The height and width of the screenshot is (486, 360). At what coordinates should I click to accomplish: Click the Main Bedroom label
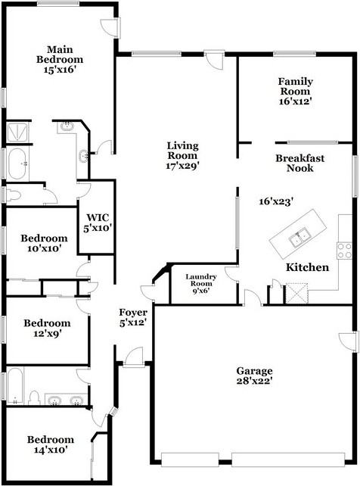pos(60,55)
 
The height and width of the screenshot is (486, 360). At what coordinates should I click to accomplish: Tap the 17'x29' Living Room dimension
pos(182,166)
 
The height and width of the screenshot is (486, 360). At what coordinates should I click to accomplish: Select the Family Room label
pos(295,86)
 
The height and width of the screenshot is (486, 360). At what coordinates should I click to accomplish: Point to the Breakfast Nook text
pos(300,163)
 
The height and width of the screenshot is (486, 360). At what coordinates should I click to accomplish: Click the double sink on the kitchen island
pos(299,238)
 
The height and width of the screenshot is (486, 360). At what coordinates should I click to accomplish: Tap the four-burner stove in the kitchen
pos(345,251)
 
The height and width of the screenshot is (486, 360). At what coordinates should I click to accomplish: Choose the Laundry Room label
pos(201,280)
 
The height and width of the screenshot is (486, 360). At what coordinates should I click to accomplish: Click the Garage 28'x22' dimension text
pos(254,381)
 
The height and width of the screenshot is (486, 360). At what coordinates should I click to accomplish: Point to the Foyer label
pos(133,312)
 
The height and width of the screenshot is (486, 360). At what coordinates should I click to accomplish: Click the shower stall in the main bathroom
pos(17,132)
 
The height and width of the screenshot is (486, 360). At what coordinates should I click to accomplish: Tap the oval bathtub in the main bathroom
pos(17,164)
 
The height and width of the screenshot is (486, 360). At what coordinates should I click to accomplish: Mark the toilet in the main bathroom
pos(13,195)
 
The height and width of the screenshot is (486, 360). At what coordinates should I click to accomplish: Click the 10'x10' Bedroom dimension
pos(44,248)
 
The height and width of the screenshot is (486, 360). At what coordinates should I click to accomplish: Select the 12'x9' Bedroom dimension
pos(48,334)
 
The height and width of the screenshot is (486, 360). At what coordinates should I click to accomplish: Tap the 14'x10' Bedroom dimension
pos(51,450)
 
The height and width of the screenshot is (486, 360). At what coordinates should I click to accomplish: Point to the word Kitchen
pos(307,267)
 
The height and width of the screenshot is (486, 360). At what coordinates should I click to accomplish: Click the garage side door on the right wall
pos(349,342)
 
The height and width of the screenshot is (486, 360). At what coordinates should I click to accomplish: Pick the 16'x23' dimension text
pos(276,202)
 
